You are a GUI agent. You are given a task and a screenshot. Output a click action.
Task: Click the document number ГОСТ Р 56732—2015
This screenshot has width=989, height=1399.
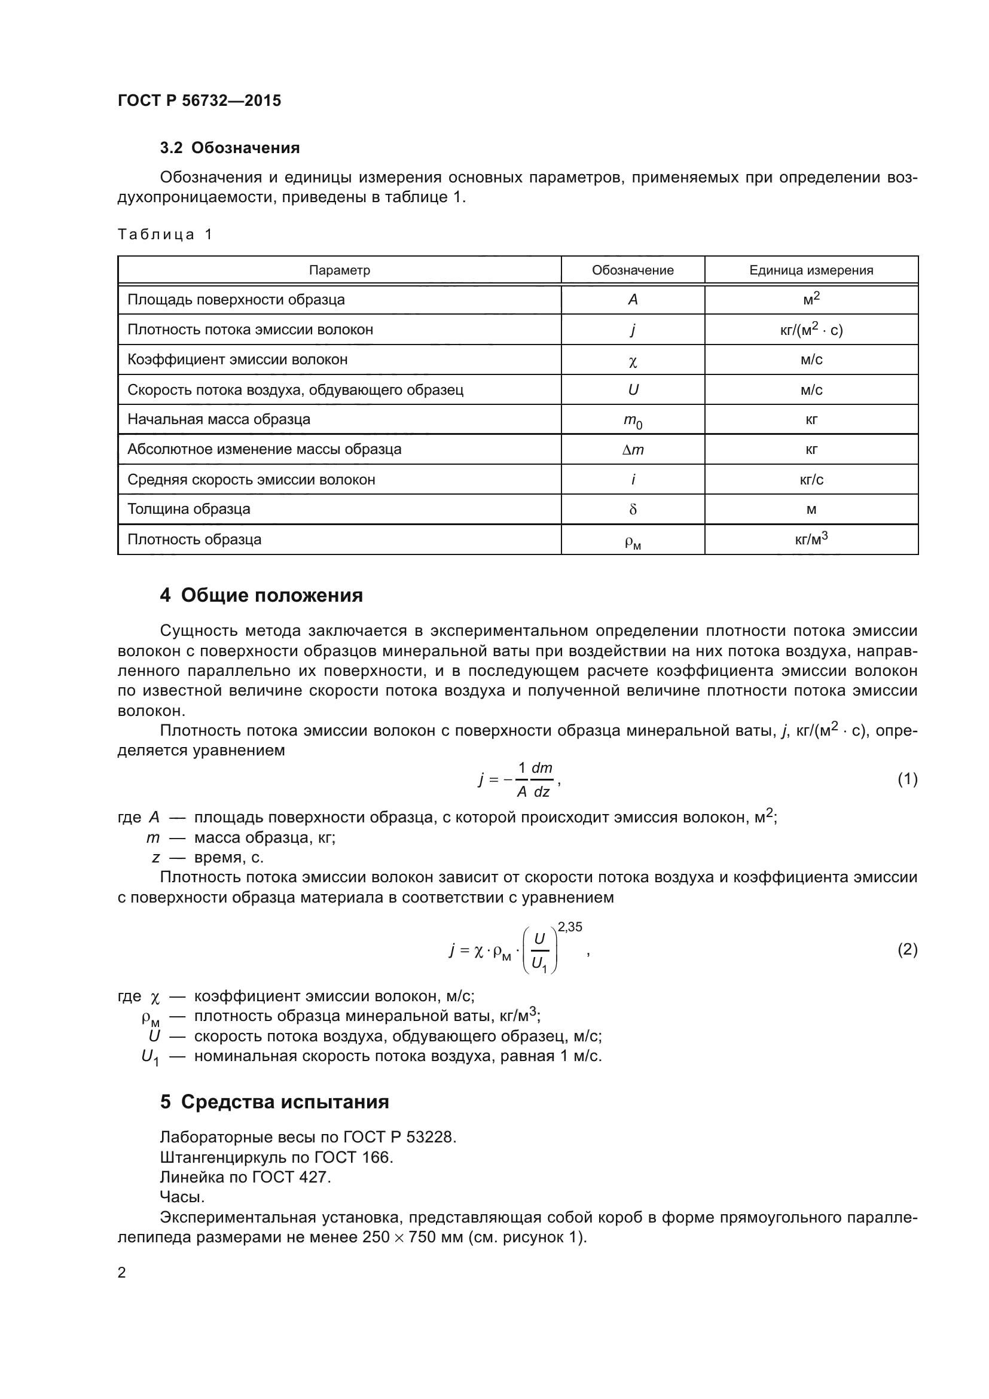(x=199, y=100)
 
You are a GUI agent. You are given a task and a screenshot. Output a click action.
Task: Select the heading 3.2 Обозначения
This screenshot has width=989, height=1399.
(x=230, y=148)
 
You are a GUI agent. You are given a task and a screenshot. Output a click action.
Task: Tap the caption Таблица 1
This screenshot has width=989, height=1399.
(x=165, y=234)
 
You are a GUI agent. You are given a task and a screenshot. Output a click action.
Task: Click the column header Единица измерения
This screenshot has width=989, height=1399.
(x=811, y=270)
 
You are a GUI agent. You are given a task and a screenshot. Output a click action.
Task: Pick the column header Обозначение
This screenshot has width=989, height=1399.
(x=632, y=270)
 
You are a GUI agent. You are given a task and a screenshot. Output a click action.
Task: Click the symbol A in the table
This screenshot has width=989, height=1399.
(x=633, y=300)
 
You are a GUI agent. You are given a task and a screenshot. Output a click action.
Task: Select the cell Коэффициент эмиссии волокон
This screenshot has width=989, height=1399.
(x=237, y=359)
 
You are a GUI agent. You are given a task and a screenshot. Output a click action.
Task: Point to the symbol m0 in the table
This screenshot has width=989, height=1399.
(x=633, y=420)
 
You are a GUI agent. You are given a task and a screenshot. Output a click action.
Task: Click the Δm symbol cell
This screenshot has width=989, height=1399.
(x=633, y=450)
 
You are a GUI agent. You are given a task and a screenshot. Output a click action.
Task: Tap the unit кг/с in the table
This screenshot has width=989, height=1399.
(x=811, y=480)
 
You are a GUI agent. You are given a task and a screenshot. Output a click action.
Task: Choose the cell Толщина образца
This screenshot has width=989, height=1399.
(x=189, y=510)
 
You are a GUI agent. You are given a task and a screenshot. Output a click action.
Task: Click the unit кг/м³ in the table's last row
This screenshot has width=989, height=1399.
(x=811, y=540)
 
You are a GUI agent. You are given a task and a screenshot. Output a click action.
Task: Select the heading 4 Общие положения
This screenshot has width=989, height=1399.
(x=261, y=595)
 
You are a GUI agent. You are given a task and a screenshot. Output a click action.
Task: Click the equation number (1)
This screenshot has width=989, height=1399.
(x=907, y=779)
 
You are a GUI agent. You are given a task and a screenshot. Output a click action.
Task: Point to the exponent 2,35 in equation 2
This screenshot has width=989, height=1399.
(x=570, y=928)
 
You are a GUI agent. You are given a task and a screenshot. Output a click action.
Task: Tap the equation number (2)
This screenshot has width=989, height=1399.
(x=907, y=950)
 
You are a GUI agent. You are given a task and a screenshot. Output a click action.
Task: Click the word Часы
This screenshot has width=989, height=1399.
(x=182, y=1197)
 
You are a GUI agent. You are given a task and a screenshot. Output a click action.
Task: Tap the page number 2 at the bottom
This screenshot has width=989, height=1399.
(x=122, y=1273)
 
